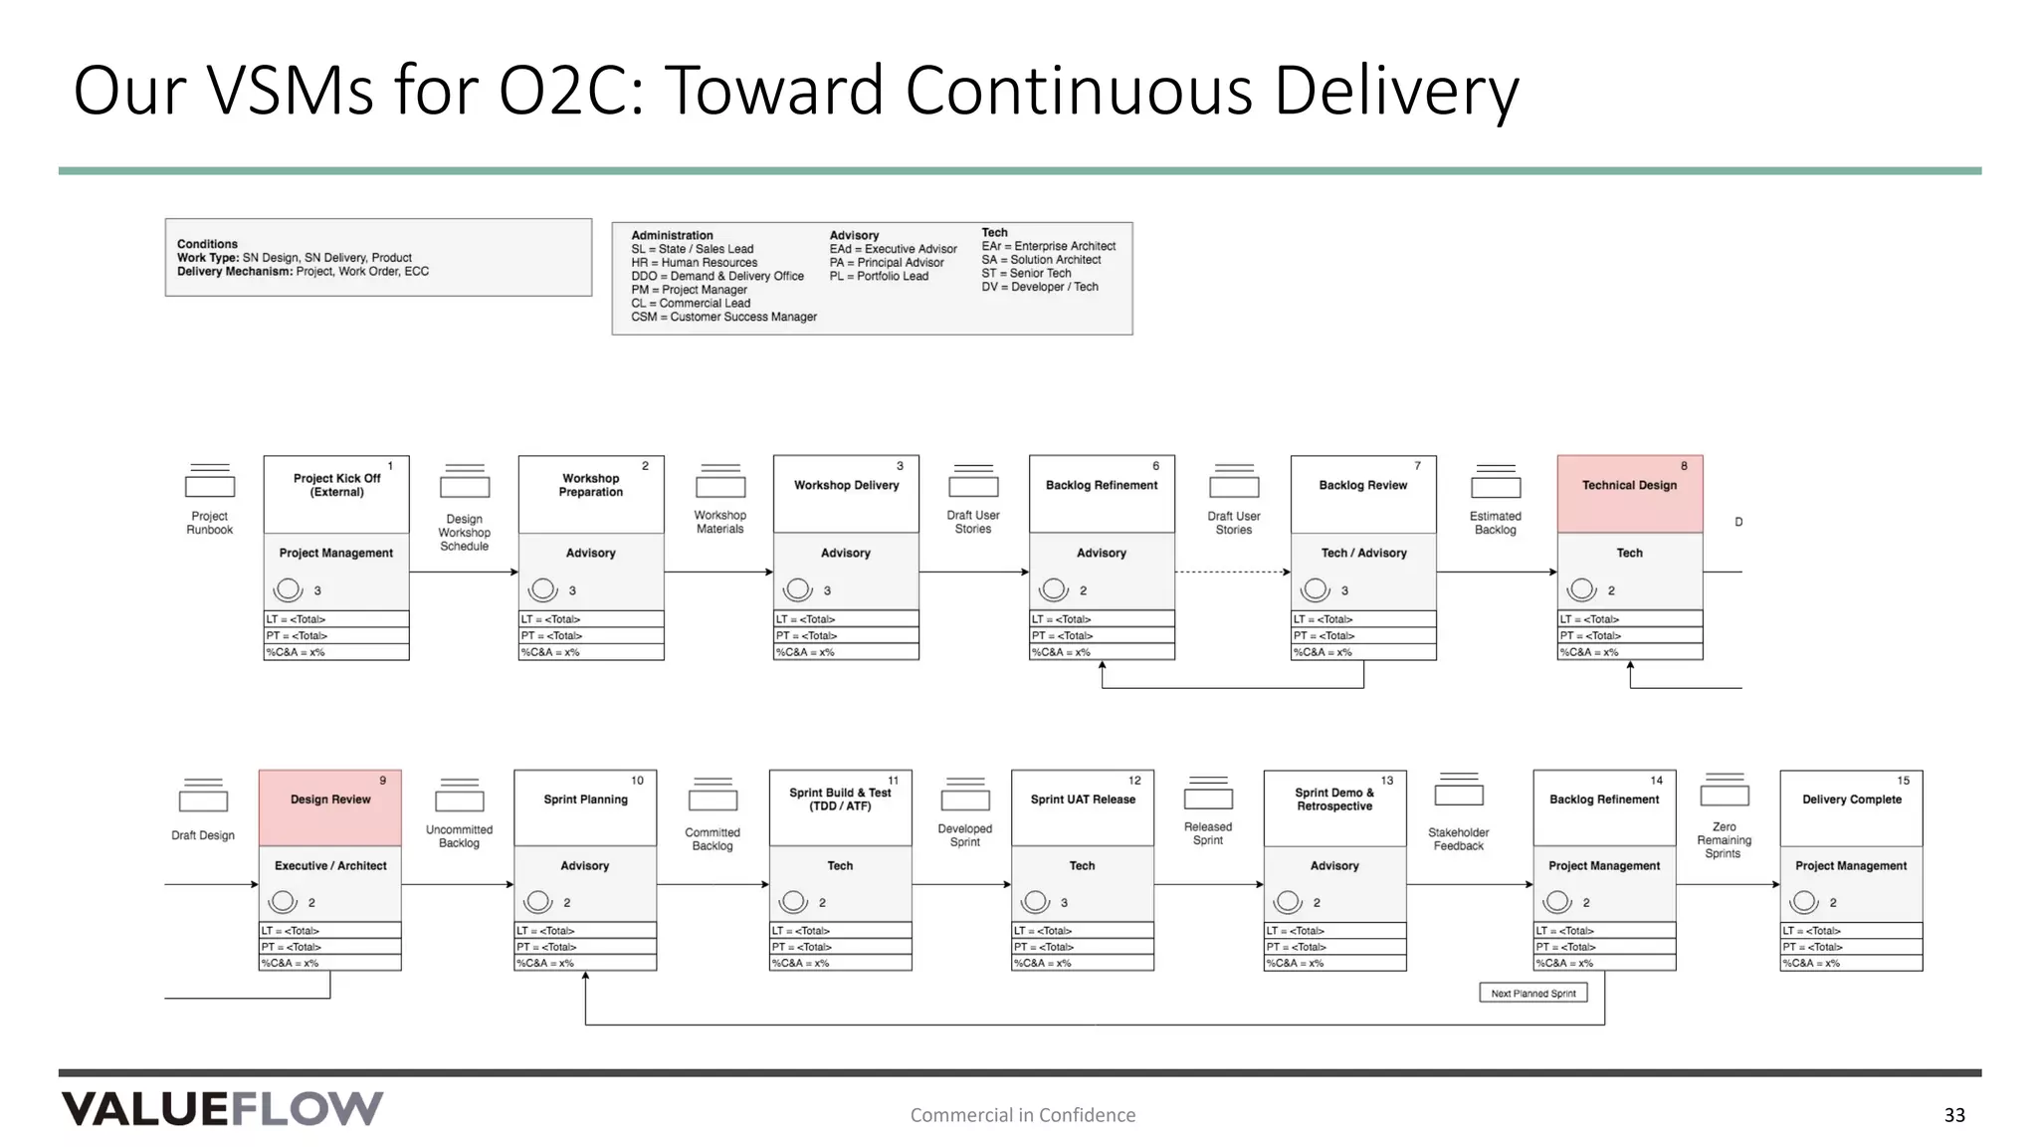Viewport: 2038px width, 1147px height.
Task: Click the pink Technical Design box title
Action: (1629, 485)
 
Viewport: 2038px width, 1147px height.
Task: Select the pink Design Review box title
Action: (330, 800)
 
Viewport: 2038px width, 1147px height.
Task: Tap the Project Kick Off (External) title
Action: (336, 485)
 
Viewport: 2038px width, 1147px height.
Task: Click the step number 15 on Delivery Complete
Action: (1903, 781)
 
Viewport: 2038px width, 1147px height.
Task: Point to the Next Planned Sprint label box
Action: (1532, 993)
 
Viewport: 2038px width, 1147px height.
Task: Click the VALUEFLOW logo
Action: (222, 1108)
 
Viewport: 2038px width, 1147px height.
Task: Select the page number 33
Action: (1954, 1115)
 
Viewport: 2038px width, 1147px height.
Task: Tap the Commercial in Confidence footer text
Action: (1022, 1115)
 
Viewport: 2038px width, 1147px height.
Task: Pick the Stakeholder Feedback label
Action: (1458, 839)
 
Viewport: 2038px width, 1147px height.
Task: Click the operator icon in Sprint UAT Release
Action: (1036, 901)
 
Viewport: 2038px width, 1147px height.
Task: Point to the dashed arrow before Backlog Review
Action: (1232, 573)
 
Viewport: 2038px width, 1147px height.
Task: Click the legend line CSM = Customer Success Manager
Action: (723, 317)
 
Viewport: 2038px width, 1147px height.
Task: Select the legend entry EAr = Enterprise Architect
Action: (1048, 246)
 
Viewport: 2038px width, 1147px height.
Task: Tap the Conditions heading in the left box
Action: (207, 244)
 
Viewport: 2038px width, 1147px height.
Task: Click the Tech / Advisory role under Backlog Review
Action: (1363, 553)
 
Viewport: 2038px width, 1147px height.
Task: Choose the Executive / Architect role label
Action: (330, 866)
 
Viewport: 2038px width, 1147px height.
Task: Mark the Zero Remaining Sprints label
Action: (1724, 840)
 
